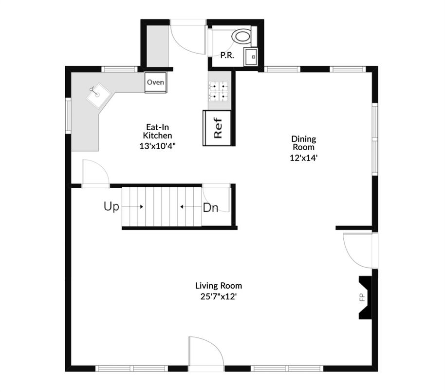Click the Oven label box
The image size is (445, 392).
156,82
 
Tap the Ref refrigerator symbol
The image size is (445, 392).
217,128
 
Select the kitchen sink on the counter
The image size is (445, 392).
97,95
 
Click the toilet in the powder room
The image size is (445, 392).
242,36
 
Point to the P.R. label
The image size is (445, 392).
227,56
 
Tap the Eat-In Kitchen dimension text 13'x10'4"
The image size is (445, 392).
157,145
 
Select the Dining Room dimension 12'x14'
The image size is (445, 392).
303,157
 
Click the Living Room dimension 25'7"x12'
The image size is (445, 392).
219,295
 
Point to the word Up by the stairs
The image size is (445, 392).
111,207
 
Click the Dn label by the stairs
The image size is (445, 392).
210,208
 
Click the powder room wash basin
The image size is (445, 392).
251,56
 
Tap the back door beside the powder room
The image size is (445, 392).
189,37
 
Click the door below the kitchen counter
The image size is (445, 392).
95,173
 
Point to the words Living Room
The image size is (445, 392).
219,286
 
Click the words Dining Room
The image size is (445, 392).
303,143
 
